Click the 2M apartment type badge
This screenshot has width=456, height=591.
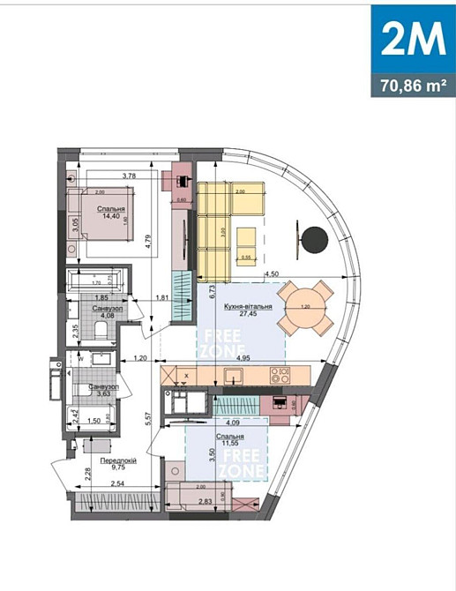tap(413, 39)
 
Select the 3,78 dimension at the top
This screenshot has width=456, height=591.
tap(131, 176)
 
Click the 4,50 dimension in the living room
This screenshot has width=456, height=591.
tap(273, 274)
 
